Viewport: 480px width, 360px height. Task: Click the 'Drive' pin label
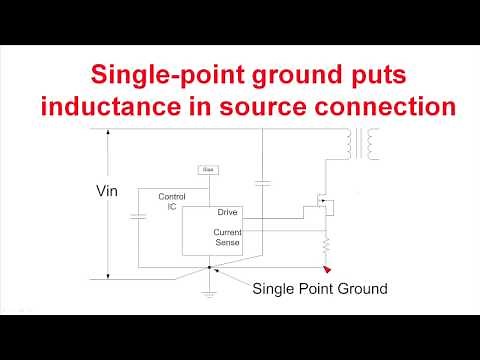point(228,213)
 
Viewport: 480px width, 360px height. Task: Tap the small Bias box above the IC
point(209,170)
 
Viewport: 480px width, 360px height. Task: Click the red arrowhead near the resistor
point(327,268)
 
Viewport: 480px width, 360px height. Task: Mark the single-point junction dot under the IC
point(208,267)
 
